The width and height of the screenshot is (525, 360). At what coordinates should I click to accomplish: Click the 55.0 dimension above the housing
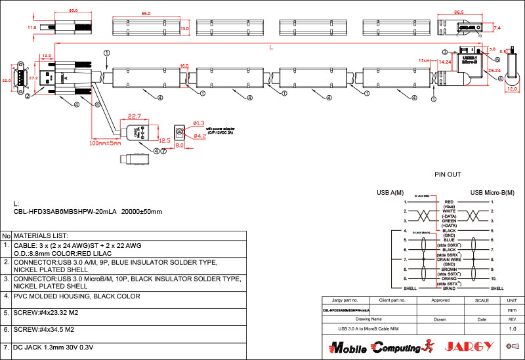(x=146, y=13)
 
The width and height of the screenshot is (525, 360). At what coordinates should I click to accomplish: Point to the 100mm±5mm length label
(x=106, y=143)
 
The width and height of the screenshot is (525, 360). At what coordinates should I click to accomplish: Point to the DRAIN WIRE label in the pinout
(x=450, y=260)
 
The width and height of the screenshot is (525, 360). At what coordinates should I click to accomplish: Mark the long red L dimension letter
(x=272, y=47)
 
